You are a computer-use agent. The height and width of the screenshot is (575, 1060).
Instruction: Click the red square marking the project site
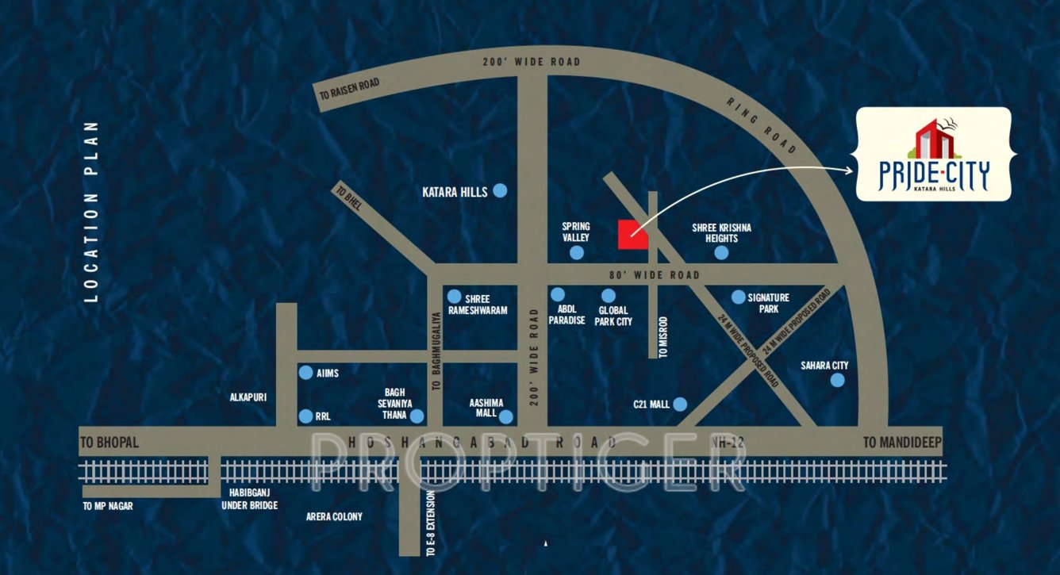[632, 234]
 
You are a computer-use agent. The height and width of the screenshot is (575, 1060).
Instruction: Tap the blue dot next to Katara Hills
[500, 190]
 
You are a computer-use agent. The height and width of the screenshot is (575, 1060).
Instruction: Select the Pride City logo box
[933, 154]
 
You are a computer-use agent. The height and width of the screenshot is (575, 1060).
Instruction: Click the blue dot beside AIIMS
[305, 373]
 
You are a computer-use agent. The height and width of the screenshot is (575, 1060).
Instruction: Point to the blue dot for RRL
[305, 416]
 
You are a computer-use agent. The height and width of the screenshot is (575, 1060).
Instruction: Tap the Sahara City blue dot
[837, 380]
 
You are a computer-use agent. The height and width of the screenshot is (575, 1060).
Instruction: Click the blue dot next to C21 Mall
[680, 404]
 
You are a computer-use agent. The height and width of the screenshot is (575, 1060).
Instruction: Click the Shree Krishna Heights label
[721, 233]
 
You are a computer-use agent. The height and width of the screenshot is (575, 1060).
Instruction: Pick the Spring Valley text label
[575, 232]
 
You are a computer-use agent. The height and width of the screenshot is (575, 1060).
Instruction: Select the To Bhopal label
[110, 443]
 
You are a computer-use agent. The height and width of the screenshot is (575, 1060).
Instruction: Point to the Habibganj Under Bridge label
[249, 499]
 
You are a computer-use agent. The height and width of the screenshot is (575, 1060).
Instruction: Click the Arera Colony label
[334, 516]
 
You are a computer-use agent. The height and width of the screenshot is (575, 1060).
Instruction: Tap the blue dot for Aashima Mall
[505, 416]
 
